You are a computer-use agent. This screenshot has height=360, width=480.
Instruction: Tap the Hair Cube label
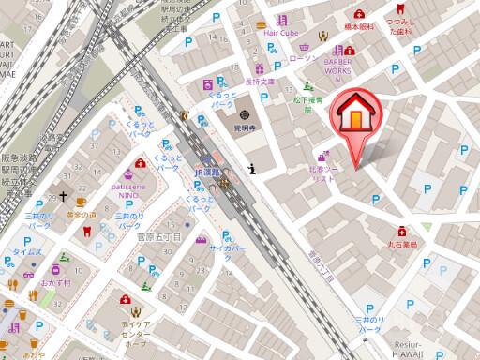(x=279, y=33)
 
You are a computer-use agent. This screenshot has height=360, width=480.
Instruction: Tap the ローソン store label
(x=306, y=59)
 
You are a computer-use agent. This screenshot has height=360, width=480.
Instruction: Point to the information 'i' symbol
(x=253, y=169)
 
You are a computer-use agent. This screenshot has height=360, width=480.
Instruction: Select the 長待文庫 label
(x=260, y=82)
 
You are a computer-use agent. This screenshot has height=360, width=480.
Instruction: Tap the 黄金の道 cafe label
(x=79, y=216)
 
